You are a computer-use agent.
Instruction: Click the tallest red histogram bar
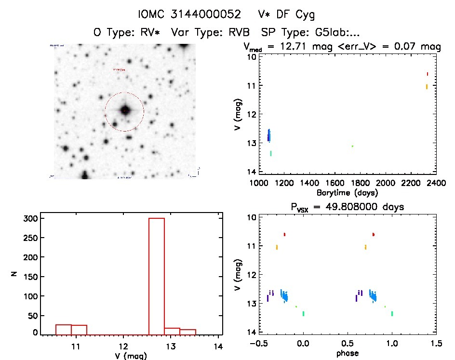pos(157,276)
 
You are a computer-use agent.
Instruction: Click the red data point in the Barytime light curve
pos(427,74)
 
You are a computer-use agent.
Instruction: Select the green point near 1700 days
pos(352,146)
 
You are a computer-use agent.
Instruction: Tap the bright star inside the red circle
pos(125,110)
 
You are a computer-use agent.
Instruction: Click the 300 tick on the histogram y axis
pos(30,219)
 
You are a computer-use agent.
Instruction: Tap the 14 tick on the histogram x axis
pos(218,346)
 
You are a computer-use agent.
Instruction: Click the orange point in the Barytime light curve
pos(427,87)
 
